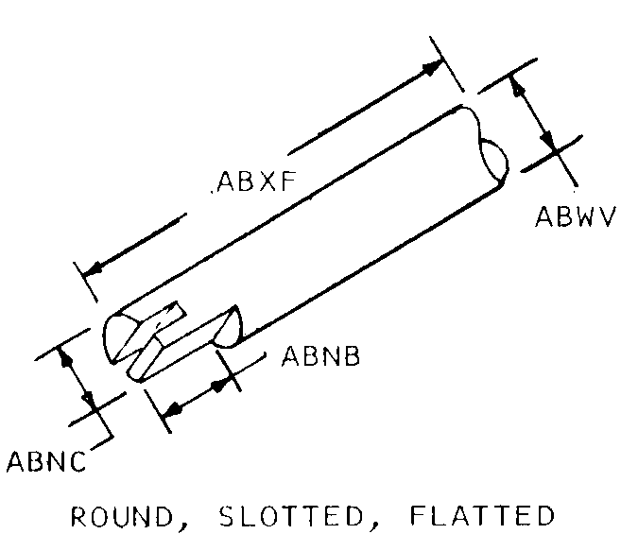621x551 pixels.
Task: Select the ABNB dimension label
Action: click(x=320, y=355)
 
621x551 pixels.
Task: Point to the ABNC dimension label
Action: click(x=46, y=460)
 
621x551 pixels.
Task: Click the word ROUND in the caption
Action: click(x=122, y=516)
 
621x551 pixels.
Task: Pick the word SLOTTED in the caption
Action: click(x=291, y=516)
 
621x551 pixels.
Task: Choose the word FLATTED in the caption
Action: click(x=482, y=515)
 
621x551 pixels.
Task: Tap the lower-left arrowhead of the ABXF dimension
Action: click(x=93, y=269)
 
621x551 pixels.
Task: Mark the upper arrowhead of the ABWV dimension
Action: click(x=516, y=86)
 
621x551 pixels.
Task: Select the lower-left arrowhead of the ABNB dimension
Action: click(x=172, y=410)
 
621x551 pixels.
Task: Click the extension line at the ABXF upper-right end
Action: click(x=446, y=63)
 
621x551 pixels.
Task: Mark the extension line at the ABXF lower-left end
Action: click(x=85, y=282)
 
